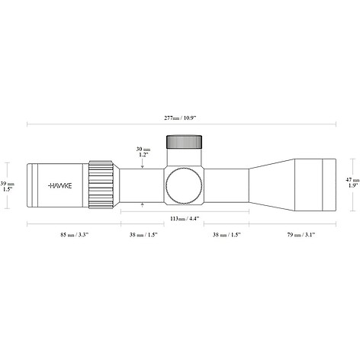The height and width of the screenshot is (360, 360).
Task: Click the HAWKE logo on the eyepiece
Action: point(60,185)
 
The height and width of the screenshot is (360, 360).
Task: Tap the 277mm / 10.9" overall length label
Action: point(180,117)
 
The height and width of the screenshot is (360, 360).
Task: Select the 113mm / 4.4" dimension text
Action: point(185,219)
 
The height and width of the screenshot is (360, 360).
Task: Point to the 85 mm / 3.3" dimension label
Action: point(74,235)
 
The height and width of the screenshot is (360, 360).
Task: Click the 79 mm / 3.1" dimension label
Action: point(301,235)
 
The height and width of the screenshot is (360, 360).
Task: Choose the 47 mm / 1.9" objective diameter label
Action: point(353,182)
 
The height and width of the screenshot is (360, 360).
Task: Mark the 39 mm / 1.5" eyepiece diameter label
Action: point(7,186)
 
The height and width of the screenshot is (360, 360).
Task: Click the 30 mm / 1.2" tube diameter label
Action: point(143,152)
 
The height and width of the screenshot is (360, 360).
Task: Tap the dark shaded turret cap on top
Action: point(184,142)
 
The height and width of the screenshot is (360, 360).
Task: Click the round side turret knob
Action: point(184,186)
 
